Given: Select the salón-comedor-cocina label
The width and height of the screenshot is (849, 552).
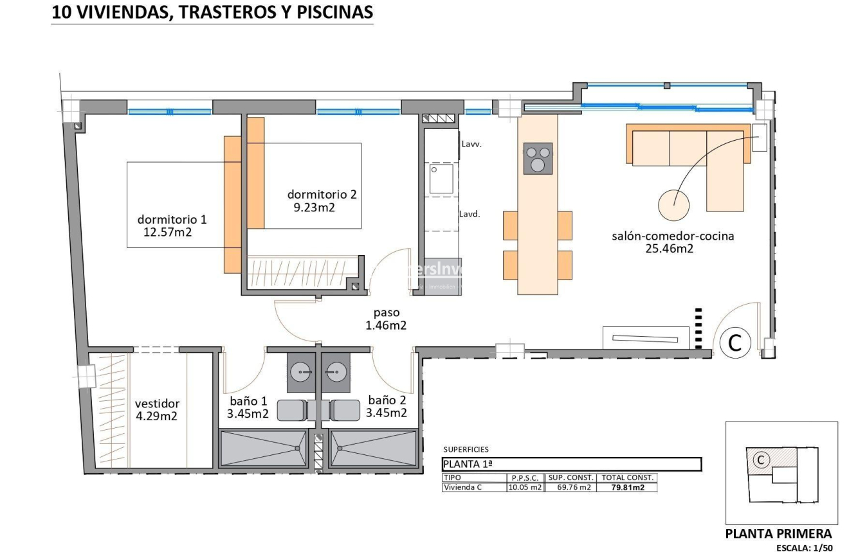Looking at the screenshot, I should tap(672, 236).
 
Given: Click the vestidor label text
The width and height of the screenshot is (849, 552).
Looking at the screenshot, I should tap(157, 404).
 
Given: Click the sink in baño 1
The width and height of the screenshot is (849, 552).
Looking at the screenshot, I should tap(301, 371).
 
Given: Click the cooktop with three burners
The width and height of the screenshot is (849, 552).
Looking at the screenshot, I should tap(538, 157).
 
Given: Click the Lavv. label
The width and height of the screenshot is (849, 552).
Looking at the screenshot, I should tap(471, 145).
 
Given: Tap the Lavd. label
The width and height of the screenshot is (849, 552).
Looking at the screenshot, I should tap(470, 214).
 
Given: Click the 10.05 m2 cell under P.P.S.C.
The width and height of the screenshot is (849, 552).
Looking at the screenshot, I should tap(525, 488).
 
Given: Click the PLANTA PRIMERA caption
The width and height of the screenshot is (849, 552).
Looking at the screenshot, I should tap(778, 533).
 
